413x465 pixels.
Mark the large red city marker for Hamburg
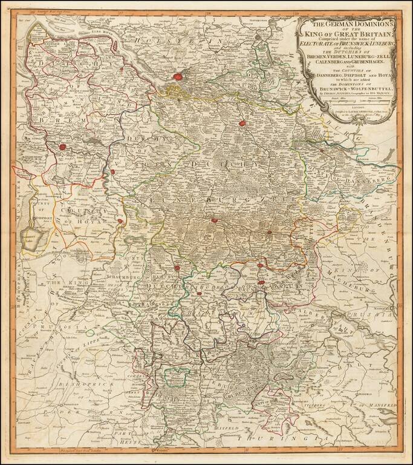point(177,77)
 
